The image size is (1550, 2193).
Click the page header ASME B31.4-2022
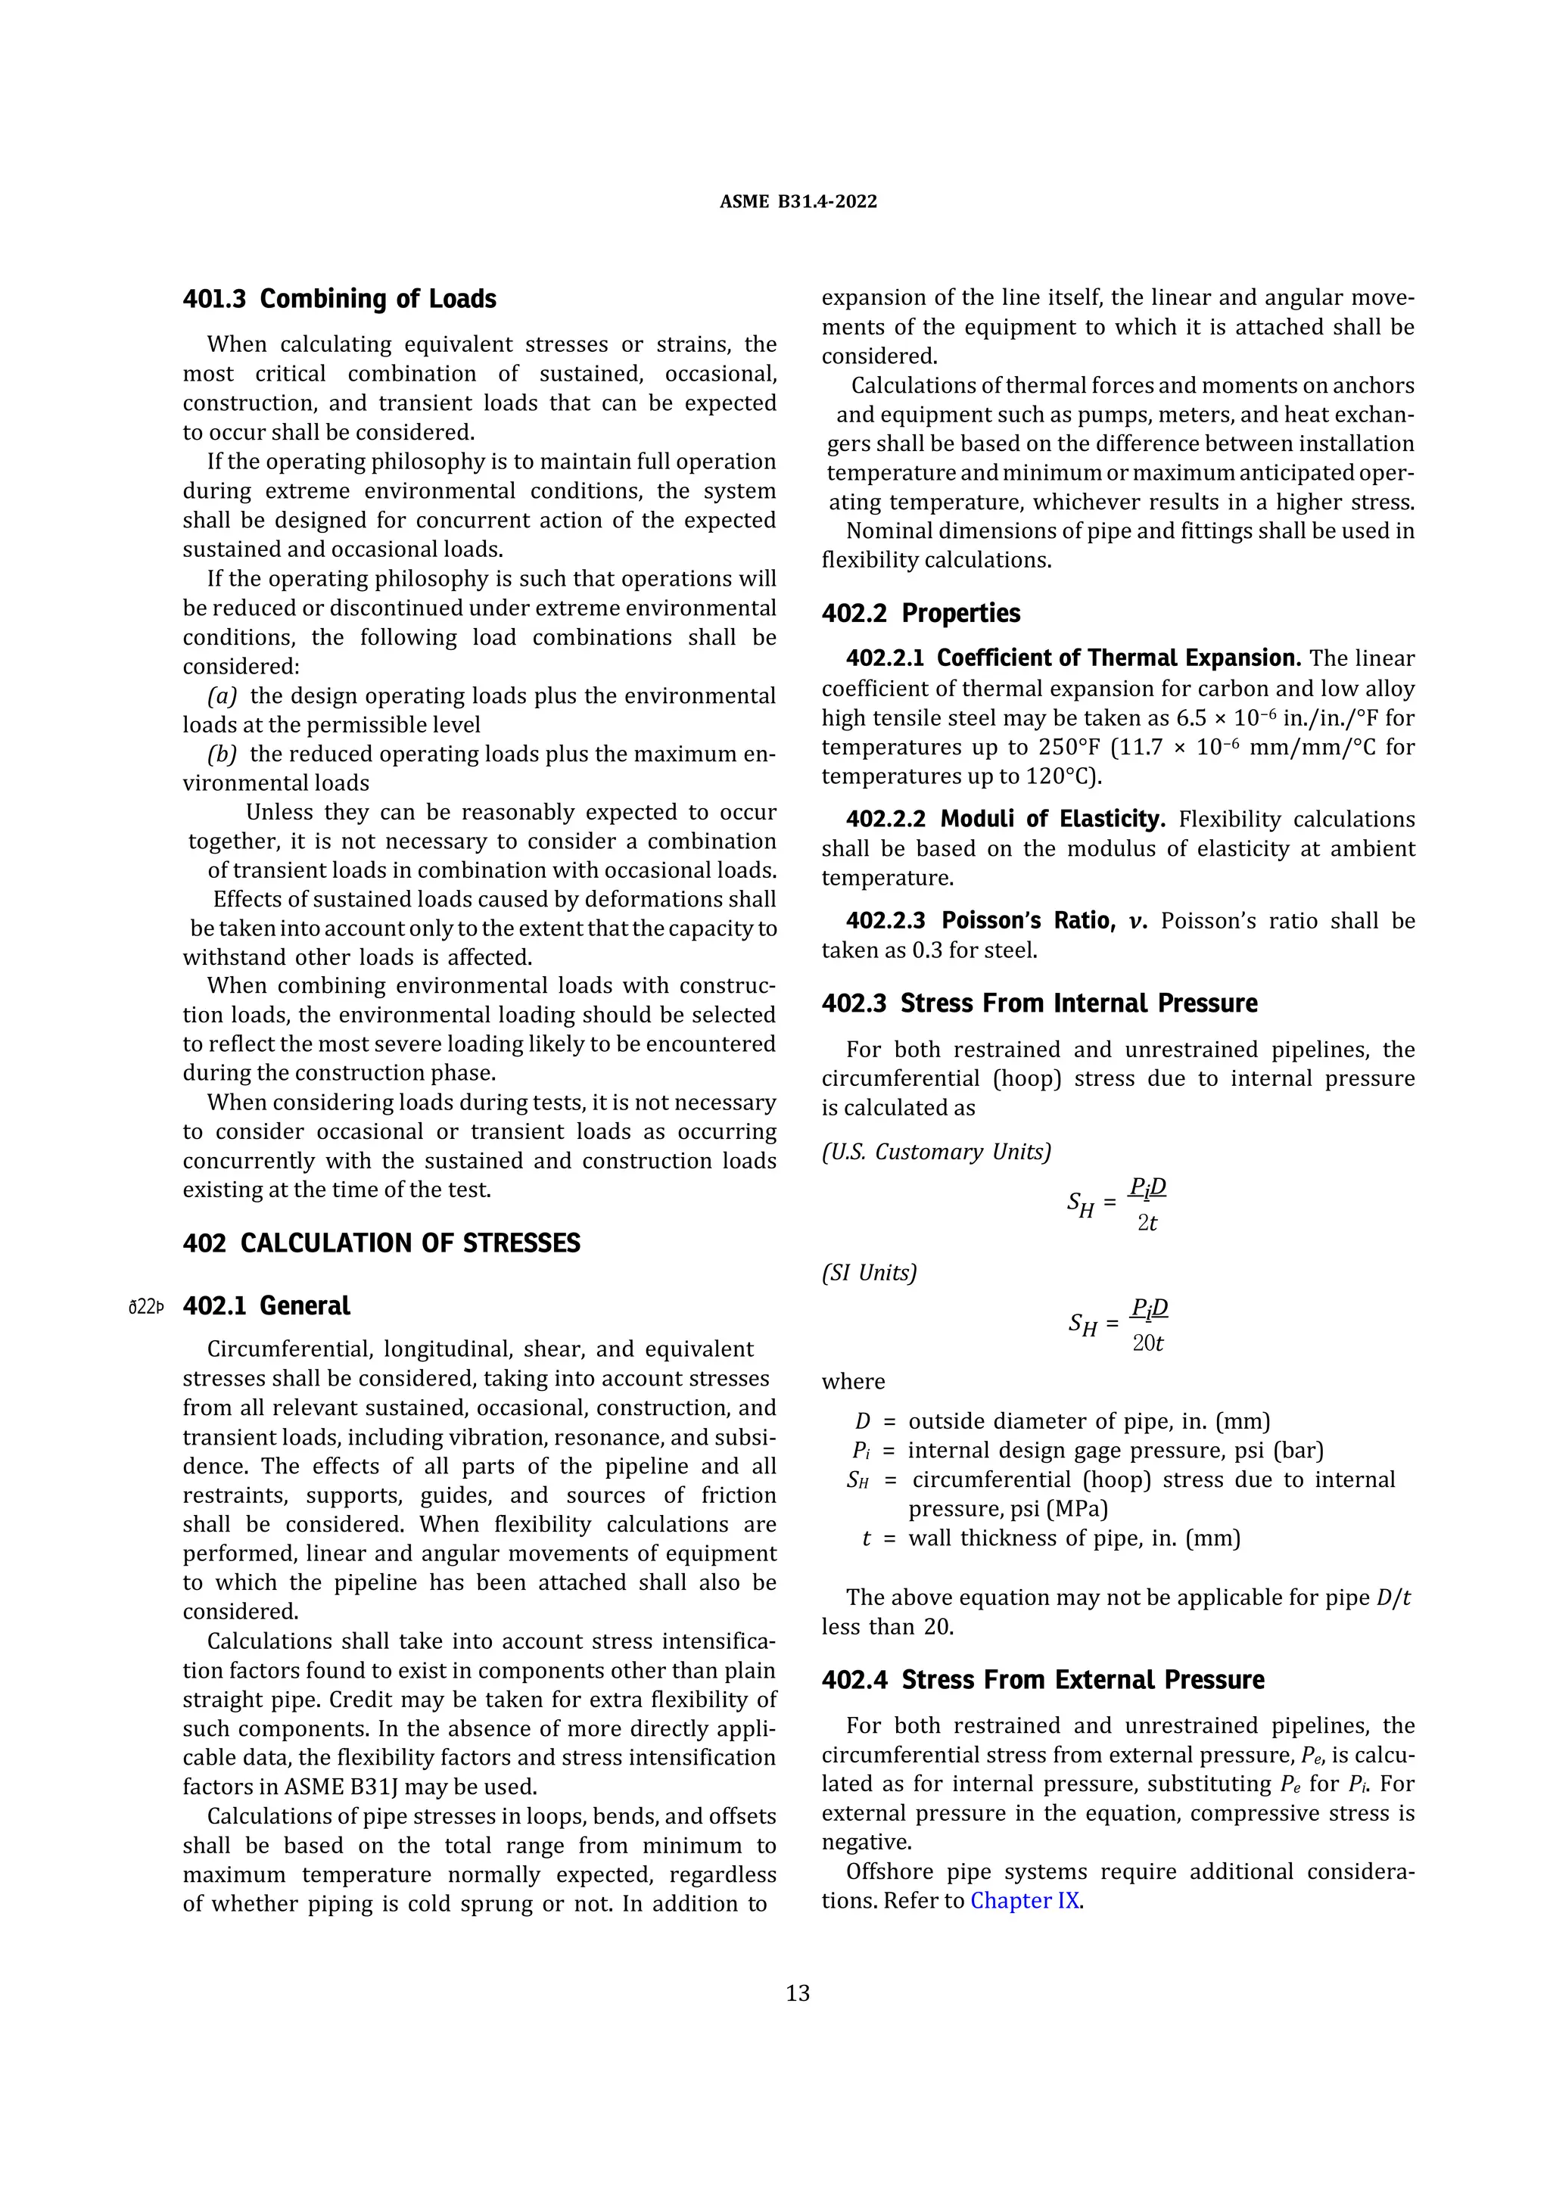pyautogui.click(x=798, y=201)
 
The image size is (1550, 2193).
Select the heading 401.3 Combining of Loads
pyautogui.click(x=339, y=299)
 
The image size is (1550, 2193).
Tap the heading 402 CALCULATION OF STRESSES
pyautogui.click(x=381, y=1243)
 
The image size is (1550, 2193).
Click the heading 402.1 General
pyautogui.click(x=266, y=1305)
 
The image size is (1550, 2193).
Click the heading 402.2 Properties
pyautogui.click(x=920, y=613)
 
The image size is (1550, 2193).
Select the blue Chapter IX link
pyautogui.click(x=1025, y=1900)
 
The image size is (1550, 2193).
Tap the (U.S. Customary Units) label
pyautogui.click(x=936, y=1152)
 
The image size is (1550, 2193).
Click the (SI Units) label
pyautogui.click(x=869, y=1274)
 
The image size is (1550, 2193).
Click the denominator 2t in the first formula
pyautogui.click(x=1147, y=1223)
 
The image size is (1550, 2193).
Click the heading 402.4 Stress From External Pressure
pyautogui.click(x=1043, y=1679)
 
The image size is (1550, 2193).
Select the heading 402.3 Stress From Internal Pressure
pyautogui.click(x=1039, y=1003)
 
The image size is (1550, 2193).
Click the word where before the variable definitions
pyautogui.click(x=853, y=1381)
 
